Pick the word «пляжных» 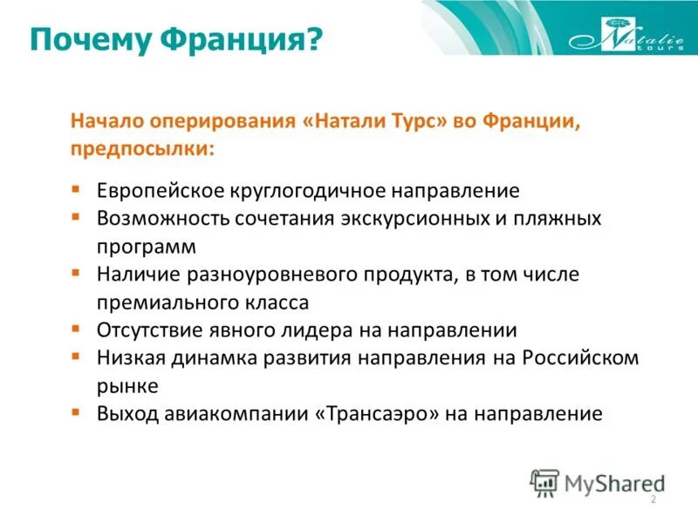pyautogui.click(x=559, y=218)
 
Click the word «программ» pyautogui.click(x=147, y=246)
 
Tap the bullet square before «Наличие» pyautogui.click(x=77, y=272)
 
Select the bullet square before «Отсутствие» pyautogui.click(x=77, y=328)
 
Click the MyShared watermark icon pyautogui.click(x=544, y=481)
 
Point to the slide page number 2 pyautogui.click(x=653, y=499)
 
